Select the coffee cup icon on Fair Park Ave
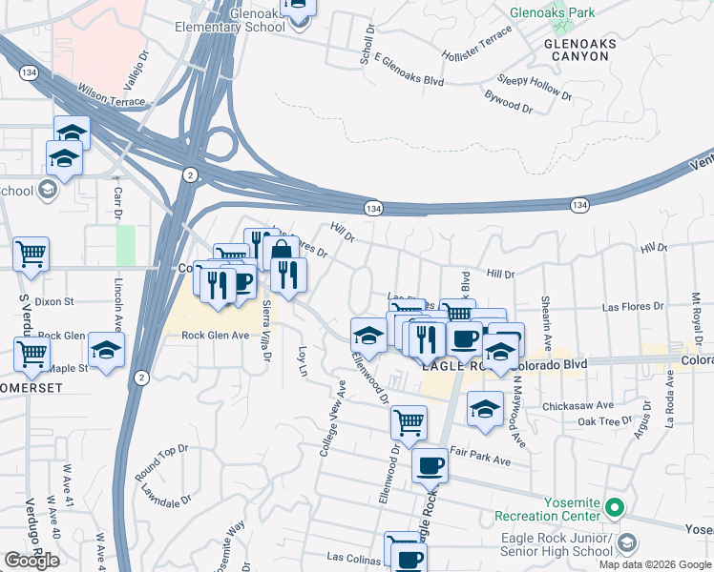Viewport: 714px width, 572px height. click(x=430, y=465)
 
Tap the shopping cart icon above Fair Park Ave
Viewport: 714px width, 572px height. click(x=409, y=420)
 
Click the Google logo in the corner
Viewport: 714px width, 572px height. click(x=31, y=561)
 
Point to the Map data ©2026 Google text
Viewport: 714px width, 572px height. click(x=654, y=564)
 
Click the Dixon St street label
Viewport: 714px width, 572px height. click(x=55, y=301)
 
